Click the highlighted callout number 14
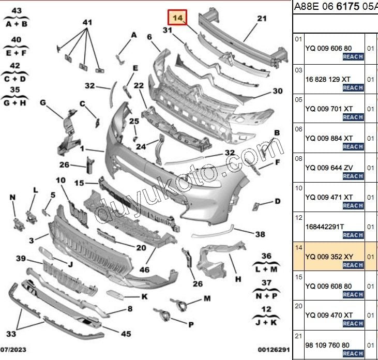click(177, 18)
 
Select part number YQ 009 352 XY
click(329, 257)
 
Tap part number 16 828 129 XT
click(328, 79)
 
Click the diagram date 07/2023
click(13, 350)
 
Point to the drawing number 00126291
click(274, 350)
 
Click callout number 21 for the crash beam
click(262, 19)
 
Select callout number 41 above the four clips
click(87, 22)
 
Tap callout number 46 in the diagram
click(144, 269)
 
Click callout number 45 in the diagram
click(126, 334)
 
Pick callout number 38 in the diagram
click(260, 234)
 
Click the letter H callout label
click(238, 279)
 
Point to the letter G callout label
click(43, 102)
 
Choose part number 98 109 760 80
click(327, 345)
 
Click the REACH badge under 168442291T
click(353, 235)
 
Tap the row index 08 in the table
click(298, 159)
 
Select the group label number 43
click(17, 11)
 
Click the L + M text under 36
click(266, 269)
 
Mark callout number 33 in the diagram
click(11, 334)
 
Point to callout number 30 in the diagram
click(278, 91)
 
